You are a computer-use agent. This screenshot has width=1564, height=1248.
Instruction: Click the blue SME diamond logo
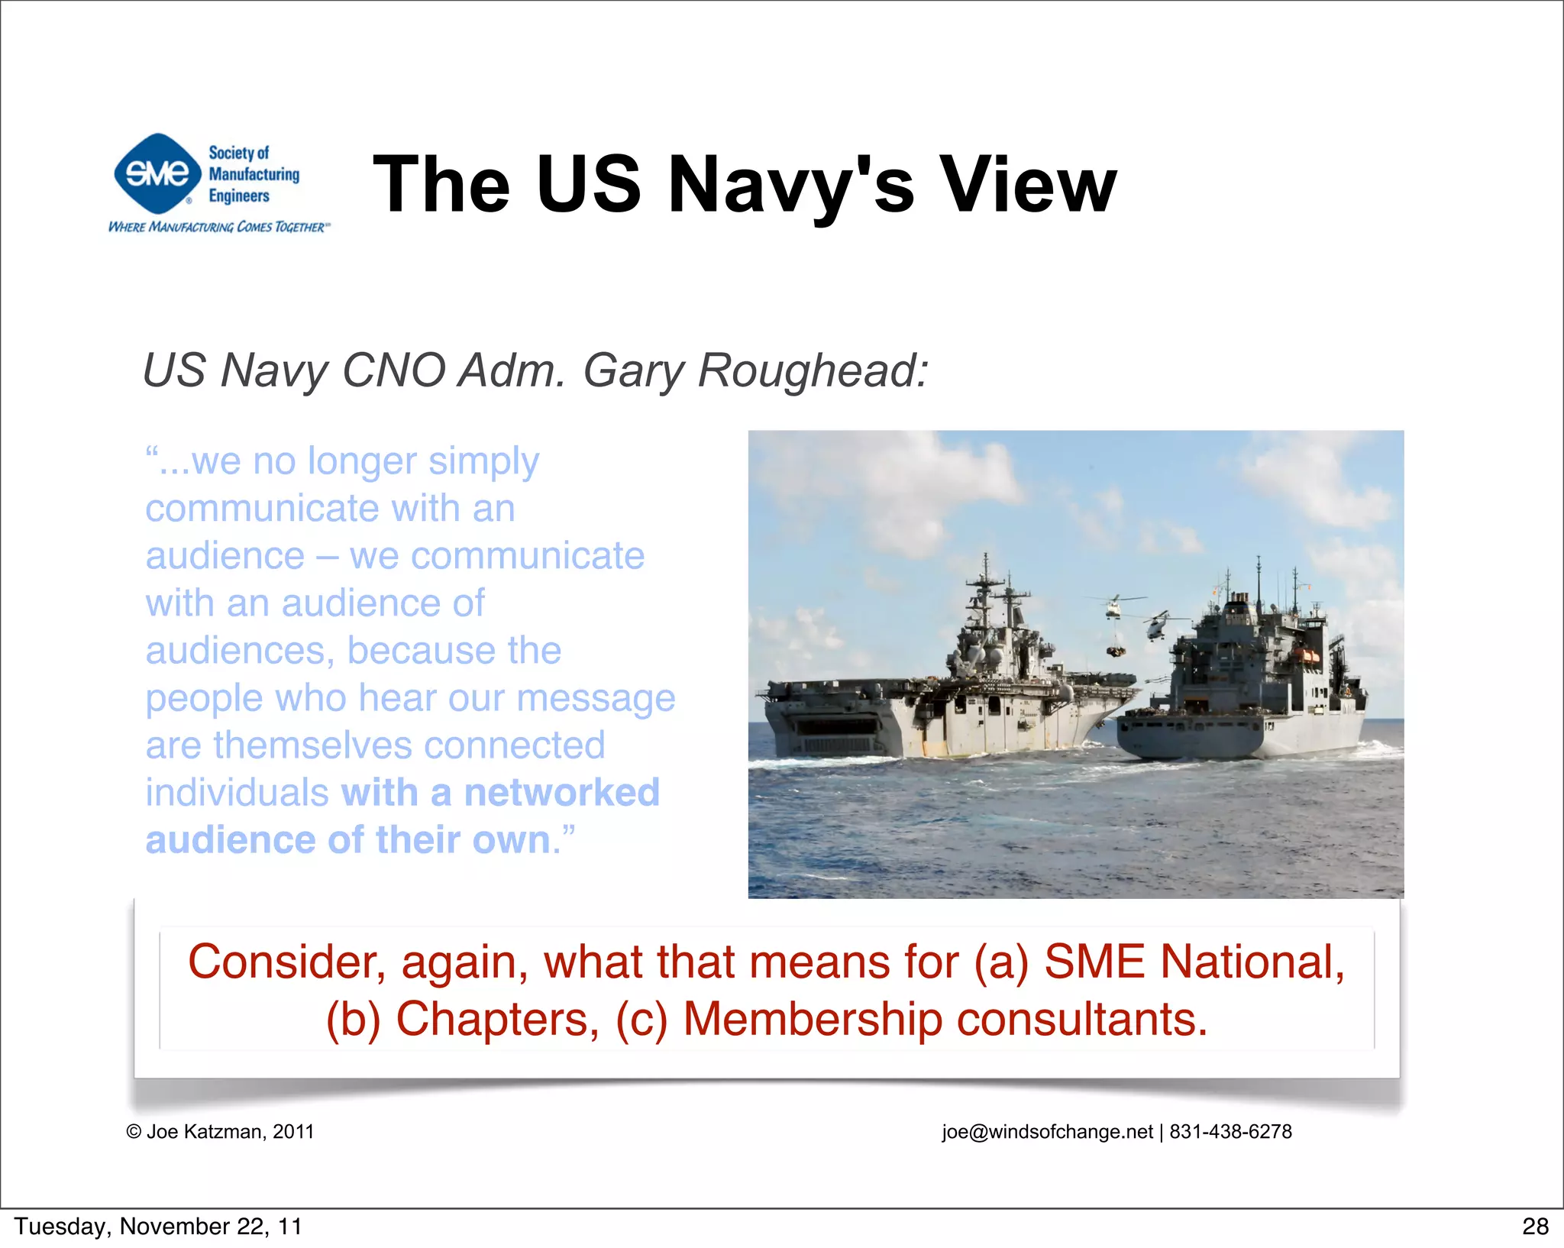tap(157, 173)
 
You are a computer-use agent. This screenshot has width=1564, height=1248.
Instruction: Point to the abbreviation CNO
tap(394, 370)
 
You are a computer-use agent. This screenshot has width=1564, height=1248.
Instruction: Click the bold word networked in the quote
tap(561, 792)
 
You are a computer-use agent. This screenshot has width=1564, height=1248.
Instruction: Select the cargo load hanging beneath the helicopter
tap(1116, 650)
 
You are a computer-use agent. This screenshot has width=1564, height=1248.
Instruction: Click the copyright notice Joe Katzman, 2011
tap(221, 1131)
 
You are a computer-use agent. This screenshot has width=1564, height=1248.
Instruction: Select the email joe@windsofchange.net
tap(1047, 1131)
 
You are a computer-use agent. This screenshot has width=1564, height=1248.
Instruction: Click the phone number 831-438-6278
tap(1230, 1131)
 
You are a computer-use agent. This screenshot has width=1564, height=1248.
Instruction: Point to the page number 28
tap(1534, 1227)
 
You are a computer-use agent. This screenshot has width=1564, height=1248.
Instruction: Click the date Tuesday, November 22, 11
tap(158, 1227)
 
